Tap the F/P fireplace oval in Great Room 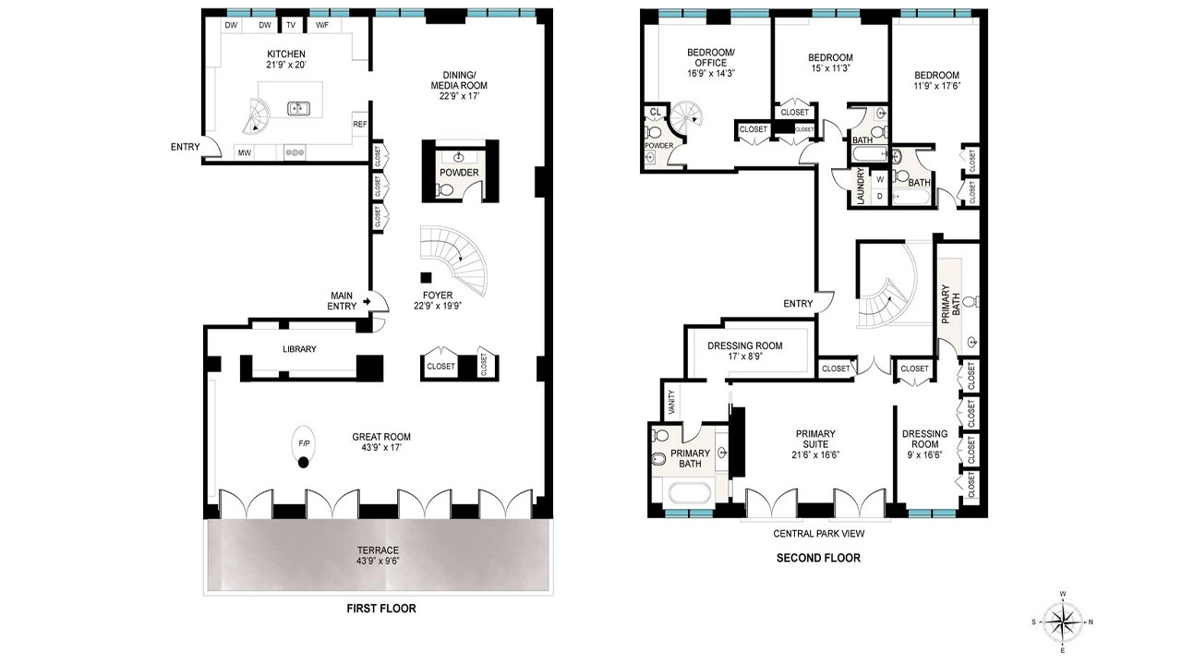[304, 444]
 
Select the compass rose [1064, 622]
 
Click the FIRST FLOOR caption [380, 609]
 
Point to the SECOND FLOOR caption [818, 558]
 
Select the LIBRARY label [299, 349]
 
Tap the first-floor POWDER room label [458, 173]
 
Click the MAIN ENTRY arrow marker [368, 301]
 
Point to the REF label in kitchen [359, 124]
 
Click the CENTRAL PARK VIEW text [818, 533]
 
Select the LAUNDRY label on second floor [861, 187]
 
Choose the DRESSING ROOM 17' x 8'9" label [744, 352]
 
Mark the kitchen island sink [298, 108]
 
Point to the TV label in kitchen [291, 26]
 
